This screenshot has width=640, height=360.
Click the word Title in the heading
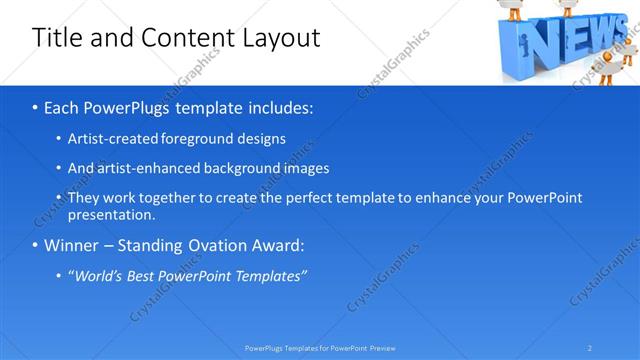coord(53,38)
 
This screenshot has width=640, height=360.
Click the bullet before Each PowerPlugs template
coord(36,107)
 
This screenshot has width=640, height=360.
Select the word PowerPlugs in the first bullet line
coord(128,107)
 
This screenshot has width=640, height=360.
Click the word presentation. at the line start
coord(111,215)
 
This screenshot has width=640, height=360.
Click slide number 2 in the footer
coord(590,347)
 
